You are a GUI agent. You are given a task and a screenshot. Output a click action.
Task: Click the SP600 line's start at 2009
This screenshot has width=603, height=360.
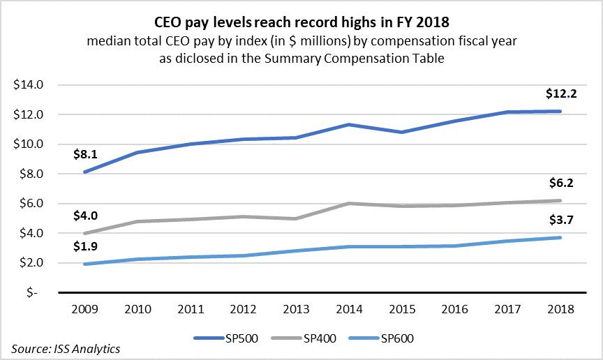84,264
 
